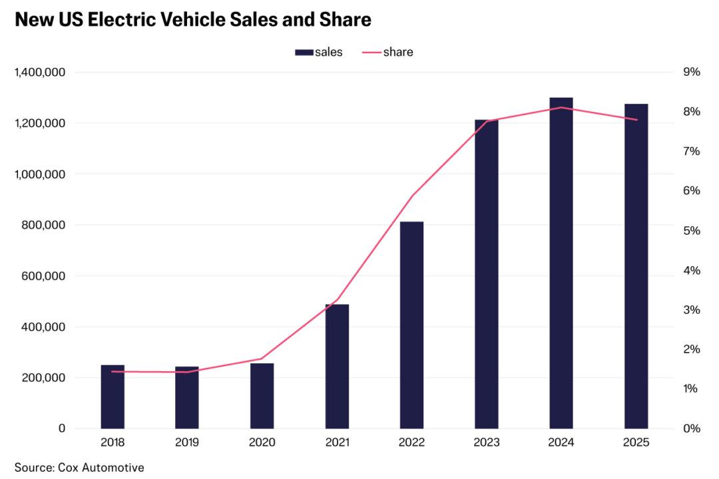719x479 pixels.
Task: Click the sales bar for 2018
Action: coord(113,397)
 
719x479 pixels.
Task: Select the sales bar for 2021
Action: coord(337,366)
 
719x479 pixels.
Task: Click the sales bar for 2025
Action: coord(636,266)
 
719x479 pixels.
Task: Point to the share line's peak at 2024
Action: coord(561,107)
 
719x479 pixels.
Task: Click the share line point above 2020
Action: coord(262,359)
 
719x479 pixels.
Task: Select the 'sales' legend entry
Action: coord(319,52)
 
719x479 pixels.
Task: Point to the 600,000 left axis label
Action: coord(50,276)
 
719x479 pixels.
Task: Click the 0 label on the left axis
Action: coord(62,428)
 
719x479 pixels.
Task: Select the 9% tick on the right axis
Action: coord(692,72)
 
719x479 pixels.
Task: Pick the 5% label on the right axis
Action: coord(692,231)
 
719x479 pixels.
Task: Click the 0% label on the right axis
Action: coord(692,428)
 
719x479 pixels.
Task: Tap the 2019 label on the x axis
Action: coord(187,442)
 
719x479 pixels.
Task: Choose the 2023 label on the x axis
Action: coord(486,442)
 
